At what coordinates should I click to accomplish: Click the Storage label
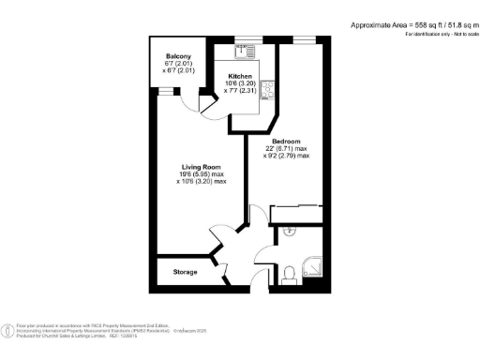click(x=186, y=272)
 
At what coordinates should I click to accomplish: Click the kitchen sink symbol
click(x=247, y=51)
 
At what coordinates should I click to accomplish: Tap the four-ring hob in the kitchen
click(x=267, y=90)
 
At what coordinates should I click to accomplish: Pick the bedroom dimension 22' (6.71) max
click(x=291, y=151)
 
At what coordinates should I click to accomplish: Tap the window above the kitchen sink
click(x=247, y=40)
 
